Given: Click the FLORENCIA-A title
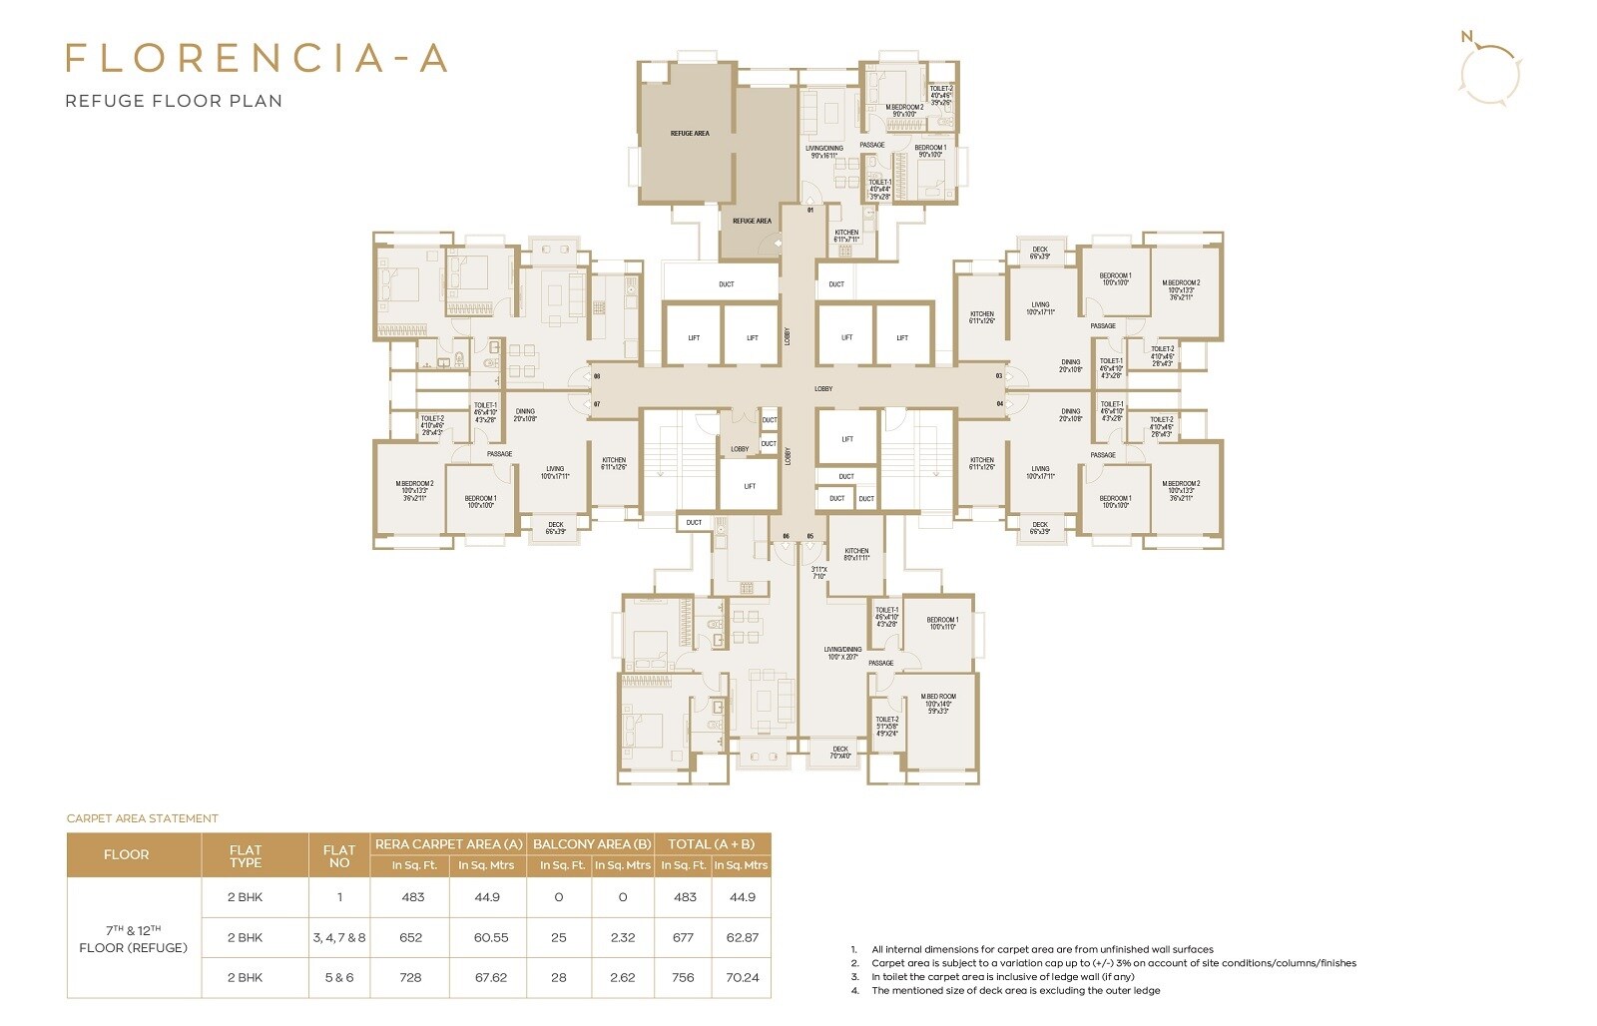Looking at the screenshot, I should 257,58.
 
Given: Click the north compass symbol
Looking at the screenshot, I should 1489,72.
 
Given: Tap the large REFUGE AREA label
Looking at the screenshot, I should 689,133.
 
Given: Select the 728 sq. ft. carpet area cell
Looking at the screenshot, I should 410,977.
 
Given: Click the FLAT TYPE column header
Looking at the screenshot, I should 245,856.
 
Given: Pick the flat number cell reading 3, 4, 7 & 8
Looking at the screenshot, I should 339,937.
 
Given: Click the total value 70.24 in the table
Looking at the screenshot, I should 742,977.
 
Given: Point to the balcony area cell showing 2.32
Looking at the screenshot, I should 622,937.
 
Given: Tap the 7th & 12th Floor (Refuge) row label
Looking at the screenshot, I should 133,938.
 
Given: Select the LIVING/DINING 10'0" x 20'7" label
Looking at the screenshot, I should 843,653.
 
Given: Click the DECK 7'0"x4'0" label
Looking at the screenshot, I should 840,752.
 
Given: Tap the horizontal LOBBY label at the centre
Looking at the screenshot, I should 823,388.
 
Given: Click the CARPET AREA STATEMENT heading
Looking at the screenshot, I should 142,818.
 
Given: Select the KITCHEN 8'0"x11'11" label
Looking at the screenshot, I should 856,554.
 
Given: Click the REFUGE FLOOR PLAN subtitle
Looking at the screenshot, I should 174,101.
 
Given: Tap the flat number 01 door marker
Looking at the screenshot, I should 810,210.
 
